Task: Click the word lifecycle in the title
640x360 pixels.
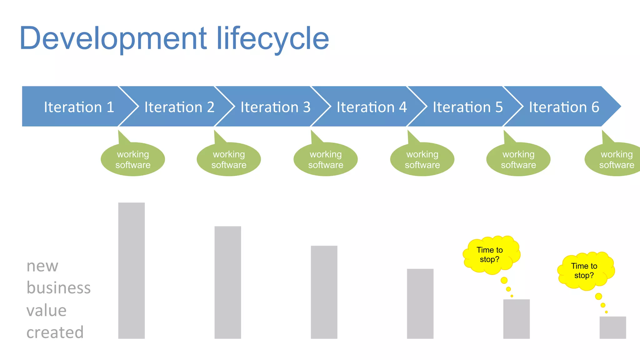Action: pyautogui.click(x=272, y=39)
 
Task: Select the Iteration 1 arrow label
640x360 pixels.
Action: pyautogui.click(x=79, y=107)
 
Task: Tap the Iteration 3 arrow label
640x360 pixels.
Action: pyautogui.click(x=275, y=107)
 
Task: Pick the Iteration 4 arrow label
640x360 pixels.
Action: pyautogui.click(x=372, y=107)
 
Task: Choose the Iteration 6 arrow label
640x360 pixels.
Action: pyautogui.click(x=564, y=107)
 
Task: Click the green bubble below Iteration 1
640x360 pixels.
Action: pyautogui.click(x=133, y=159)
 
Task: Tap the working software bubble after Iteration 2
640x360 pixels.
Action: pyautogui.click(x=229, y=159)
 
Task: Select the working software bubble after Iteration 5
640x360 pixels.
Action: pyautogui.click(x=518, y=159)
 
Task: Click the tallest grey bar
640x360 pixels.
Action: pyautogui.click(x=131, y=271)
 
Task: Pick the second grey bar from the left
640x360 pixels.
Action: pyautogui.click(x=227, y=282)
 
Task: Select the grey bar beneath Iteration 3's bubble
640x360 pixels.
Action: pyautogui.click(x=324, y=292)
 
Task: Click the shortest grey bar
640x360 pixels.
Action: pyautogui.click(x=612, y=327)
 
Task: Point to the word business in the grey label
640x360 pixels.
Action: pyautogui.click(x=58, y=288)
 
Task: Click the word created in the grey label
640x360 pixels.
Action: pyautogui.click(x=55, y=332)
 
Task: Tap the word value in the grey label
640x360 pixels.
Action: pyautogui.click(x=46, y=311)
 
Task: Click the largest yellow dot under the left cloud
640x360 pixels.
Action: pyautogui.click(x=504, y=280)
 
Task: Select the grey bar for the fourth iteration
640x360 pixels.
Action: pyautogui.click(x=420, y=304)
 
